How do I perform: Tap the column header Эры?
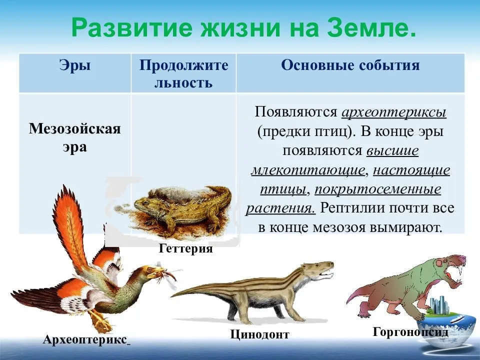(74, 65)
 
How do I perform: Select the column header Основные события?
(350, 65)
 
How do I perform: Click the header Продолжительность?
(183, 73)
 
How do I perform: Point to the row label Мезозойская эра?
(74, 138)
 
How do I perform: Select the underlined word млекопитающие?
(307, 169)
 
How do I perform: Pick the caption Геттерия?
(185, 248)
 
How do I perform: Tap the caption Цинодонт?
(259, 333)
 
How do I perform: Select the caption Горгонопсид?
(409, 331)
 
